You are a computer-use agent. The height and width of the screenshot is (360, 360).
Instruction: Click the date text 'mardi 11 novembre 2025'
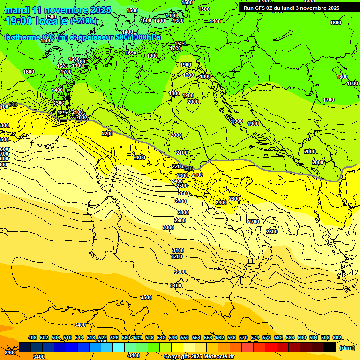click(58, 10)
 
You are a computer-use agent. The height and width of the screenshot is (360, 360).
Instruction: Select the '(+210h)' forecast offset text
click(83, 21)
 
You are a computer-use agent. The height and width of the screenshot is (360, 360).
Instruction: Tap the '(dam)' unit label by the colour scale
click(347, 348)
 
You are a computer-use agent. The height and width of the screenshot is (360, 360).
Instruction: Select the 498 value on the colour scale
click(32, 337)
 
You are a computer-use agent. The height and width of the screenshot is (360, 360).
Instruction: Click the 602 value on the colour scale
click(337, 337)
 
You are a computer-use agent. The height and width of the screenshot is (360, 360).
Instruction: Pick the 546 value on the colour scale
click(173, 337)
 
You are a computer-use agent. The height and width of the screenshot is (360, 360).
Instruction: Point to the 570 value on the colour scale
click(243, 337)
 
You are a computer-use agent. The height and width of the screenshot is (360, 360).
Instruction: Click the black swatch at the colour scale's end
click(330, 347)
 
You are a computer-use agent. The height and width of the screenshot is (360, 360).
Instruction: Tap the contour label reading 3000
click(168, 227)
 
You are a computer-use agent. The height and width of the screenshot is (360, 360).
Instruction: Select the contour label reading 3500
click(146, 297)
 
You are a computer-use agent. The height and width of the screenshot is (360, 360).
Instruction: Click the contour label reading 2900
click(180, 220)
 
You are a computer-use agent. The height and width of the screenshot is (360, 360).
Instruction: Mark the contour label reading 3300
click(180, 272)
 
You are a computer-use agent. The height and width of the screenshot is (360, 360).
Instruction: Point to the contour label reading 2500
click(182, 186)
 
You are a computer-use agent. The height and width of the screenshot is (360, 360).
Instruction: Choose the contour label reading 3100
click(178, 250)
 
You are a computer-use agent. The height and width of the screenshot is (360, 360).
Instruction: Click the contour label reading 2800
click(183, 212)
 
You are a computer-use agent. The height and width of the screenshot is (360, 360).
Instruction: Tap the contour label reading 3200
click(176, 256)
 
